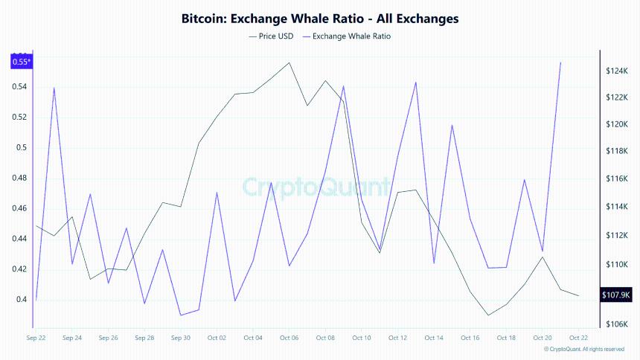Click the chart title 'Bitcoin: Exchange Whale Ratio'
pos(320,17)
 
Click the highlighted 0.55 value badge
pos(21,62)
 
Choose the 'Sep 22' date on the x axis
pos(36,338)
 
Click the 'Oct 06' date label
pos(289,338)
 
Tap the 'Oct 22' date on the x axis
pos(579,338)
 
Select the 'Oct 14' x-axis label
pos(435,338)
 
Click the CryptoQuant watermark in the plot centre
pos(317,186)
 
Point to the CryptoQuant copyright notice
pos(583,349)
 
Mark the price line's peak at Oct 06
pos(289,62)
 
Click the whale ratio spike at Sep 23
pos(54,88)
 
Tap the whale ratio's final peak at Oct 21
pos(560,63)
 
